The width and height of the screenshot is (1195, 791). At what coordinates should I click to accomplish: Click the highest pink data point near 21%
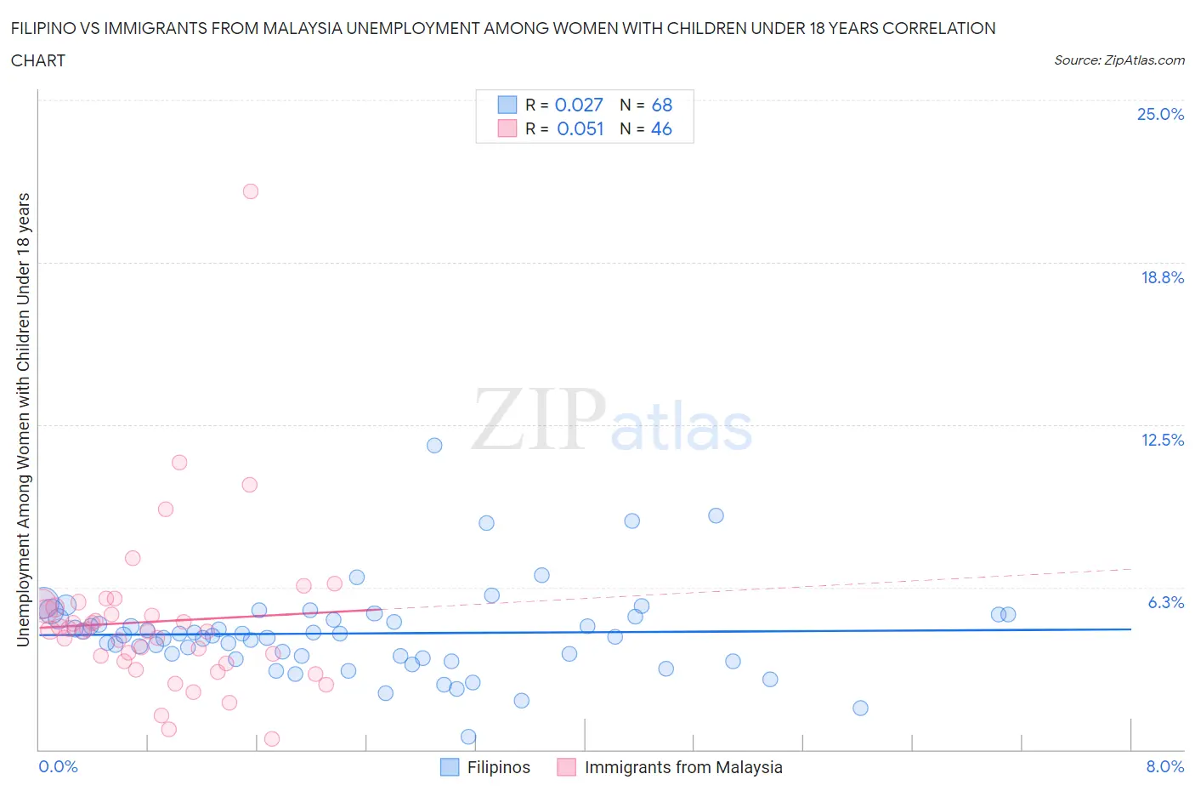pyautogui.click(x=251, y=191)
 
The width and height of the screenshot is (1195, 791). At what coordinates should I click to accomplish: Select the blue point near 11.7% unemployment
pyautogui.click(x=434, y=445)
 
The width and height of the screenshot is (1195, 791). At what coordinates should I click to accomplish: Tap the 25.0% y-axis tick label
pyautogui.click(x=1160, y=114)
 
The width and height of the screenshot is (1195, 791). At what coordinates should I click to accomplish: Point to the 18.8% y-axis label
pyautogui.click(x=1162, y=277)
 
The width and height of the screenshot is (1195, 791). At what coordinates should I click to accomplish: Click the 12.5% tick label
pyautogui.click(x=1162, y=440)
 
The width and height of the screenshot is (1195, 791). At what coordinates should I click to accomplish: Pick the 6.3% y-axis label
pyautogui.click(x=1165, y=602)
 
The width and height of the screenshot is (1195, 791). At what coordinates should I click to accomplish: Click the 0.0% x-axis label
pyautogui.click(x=59, y=766)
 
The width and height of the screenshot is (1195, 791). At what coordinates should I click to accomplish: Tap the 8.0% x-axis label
pyautogui.click(x=1164, y=766)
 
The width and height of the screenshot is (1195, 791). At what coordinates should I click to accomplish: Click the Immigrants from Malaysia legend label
pyautogui.click(x=683, y=767)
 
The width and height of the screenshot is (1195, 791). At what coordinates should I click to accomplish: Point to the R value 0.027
pyautogui.click(x=579, y=105)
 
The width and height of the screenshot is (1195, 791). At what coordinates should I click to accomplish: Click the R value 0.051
pyautogui.click(x=581, y=128)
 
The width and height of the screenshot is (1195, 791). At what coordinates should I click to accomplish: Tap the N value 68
pyautogui.click(x=662, y=105)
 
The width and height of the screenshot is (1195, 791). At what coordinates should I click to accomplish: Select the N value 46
pyautogui.click(x=661, y=128)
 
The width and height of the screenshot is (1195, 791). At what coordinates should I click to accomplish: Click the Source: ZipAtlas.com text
pyautogui.click(x=1119, y=60)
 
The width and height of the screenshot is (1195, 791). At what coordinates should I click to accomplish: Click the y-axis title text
pyautogui.click(x=24, y=419)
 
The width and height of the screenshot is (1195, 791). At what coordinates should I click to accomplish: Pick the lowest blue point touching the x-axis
pyautogui.click(x=468, y=737)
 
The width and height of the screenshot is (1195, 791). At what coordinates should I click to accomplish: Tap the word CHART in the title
pyautogui.click(x=38, y=60)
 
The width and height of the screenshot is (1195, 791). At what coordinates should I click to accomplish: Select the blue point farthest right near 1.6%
pyautogui.click(x=860, y=708)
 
